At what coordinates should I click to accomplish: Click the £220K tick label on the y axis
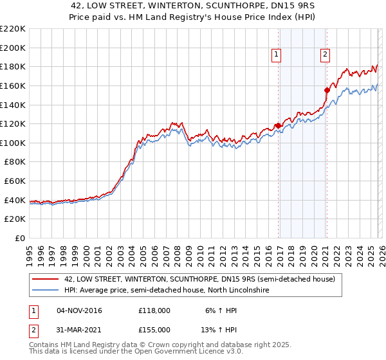pyautogui.click(x=13, y=29)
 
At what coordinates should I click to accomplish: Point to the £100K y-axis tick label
pyautogui.click(x=13, y=143)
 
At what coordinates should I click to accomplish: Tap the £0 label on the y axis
pyautogui.click(x=20, y=238)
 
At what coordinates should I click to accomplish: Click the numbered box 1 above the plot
pyautogui.click(x=276, y=55)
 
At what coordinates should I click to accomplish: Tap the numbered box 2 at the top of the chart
pyautogui.click(x=326, y=55)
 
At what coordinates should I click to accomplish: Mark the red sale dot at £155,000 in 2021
pyautogui.click(x=327, y=91)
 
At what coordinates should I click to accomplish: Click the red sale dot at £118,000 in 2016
pyautogui.click(x=277, y=126)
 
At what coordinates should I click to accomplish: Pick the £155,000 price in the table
pyautogui.click(x=154, y=330)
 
